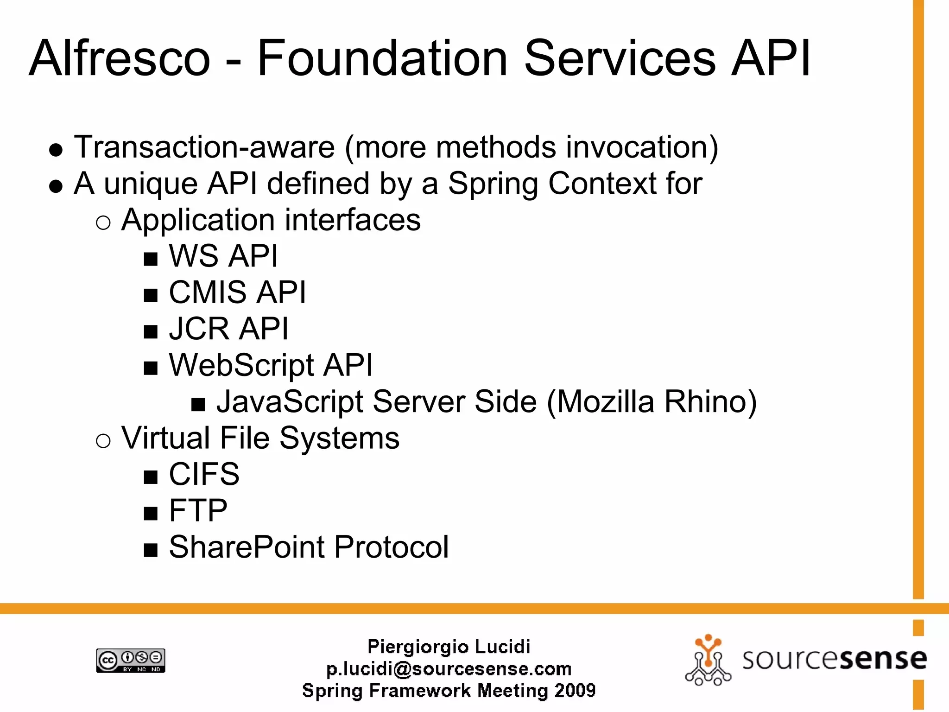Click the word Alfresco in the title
coord(120,58)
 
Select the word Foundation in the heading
coord(382,58)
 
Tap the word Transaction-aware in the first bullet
coord(204,147)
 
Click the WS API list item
coord(223,256)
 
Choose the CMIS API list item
coord(237,292)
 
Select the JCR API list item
coord(228,329)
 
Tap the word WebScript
coord(241,365)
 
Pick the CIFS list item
coord(204,474)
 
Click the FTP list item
coord(198,510)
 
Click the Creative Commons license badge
coord(131,660)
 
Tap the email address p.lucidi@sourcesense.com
coord(449,669)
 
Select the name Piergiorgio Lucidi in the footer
coord(449,647)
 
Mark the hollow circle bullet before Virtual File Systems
coord(103,440)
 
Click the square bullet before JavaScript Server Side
coord(198,405)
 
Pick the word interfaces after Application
coord(353,220)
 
